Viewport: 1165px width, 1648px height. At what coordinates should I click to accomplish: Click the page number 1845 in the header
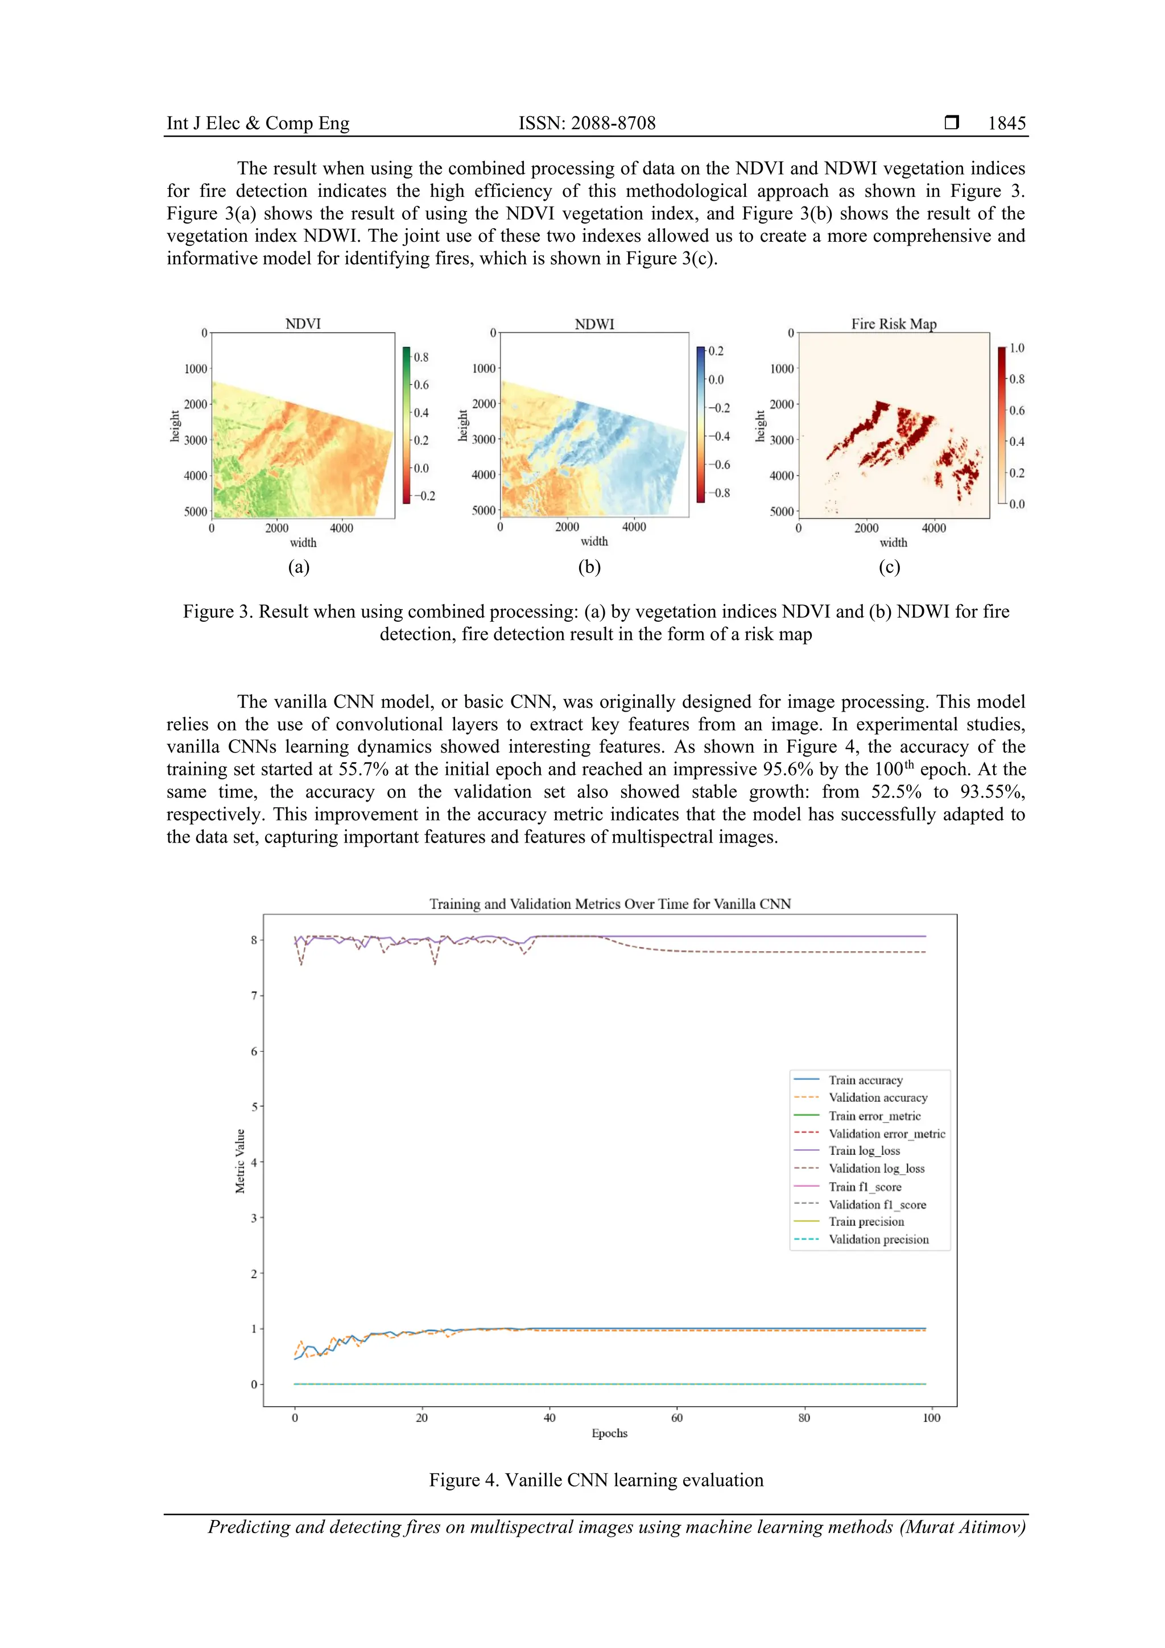click(1006, 123)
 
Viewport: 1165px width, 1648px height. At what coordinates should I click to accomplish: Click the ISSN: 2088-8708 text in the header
click(586, 123)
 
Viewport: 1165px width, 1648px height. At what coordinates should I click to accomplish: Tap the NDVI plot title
click(303, 324)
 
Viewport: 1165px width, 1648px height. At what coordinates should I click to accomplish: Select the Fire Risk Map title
click(894, 324)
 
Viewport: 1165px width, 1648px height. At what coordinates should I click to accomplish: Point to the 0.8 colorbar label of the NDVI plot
click(420, 357)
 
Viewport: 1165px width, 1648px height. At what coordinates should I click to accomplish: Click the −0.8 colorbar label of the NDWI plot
click(718, 493)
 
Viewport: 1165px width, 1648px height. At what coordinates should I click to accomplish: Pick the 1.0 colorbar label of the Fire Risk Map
click(1017, 348)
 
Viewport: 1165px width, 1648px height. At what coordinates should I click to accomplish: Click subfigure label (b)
click(589, 567)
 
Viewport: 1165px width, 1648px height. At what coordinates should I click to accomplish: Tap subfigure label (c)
click(889, 567)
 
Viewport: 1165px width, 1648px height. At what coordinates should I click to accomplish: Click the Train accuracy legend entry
click(865, 1080)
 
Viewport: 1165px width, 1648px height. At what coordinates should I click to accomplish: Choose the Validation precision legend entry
click(878, 1240)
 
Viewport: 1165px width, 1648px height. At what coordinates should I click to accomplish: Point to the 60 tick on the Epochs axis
click(677, 1418)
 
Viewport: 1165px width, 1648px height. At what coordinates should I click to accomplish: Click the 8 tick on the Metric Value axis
click(253, 940)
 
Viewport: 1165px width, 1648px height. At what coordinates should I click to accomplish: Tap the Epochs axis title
click(609, 1434)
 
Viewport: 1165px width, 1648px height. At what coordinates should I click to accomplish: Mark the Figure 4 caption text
click(596, 1480)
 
